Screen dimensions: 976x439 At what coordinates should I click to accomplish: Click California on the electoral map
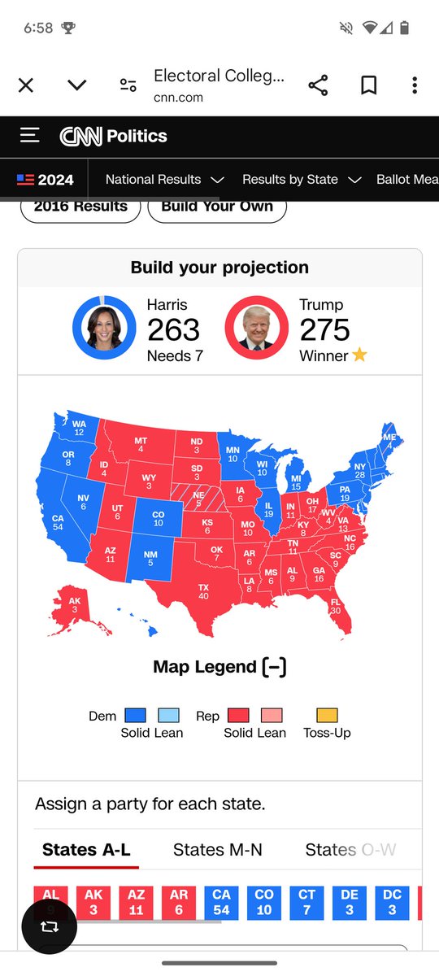click(x=57, y=521)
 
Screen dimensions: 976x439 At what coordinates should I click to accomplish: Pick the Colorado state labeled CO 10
click(x=158, y=518)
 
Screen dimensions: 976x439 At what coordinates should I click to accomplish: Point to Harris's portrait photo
click(x=104, y=328)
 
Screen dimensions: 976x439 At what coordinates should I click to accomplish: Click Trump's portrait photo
click(x=257, y=328)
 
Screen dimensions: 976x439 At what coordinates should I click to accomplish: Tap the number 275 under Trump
click(x=324, y=329)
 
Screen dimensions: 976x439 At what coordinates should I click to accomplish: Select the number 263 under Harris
click(x=173, y=329)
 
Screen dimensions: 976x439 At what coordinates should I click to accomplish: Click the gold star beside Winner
click(x=359, y=355)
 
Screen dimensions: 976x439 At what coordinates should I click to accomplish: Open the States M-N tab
click(x=218, y=850)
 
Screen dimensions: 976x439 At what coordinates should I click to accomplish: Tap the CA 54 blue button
click(x=221, y=903)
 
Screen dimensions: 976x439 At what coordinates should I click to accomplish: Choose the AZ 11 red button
click(x=136, y=903)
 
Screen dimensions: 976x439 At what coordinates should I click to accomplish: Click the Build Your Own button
click(x=216, y=206)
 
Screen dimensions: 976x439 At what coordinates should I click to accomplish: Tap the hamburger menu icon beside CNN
click(x=30, y=135)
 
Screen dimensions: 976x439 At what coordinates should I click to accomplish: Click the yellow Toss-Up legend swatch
click(x=327, y=716)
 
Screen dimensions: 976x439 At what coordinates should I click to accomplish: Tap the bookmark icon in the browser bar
click(x=368, y=85)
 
